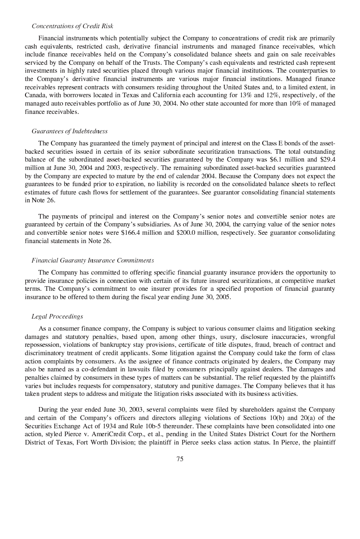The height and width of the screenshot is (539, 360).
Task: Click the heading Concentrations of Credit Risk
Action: [72, 26]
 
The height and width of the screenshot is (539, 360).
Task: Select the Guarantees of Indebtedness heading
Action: [69, 132]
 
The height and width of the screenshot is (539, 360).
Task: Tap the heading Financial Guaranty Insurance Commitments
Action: [93, 260]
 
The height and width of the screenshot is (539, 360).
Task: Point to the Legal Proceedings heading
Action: [57, 317]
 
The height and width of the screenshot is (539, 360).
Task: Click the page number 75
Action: [180, 459]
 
